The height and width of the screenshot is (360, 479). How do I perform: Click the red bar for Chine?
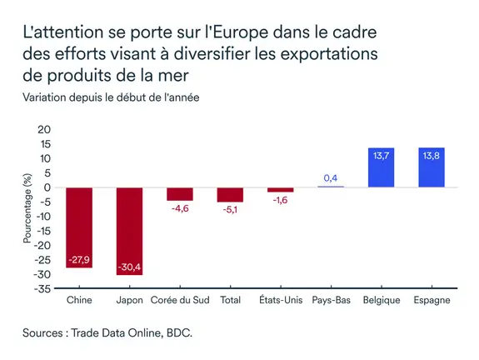point(79,227)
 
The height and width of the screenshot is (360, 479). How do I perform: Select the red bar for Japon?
point(129,231)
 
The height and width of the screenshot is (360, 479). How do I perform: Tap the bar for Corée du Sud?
point(180,194)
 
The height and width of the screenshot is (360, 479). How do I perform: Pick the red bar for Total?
point(230,195)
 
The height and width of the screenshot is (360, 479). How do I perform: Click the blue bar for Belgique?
point(381,167)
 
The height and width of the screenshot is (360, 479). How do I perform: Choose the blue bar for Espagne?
point(432,167)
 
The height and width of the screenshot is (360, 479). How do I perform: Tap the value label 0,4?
point(330,177)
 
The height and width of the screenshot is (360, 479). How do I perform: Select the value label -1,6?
point(280,201)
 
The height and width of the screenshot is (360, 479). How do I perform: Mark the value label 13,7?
point(381,156)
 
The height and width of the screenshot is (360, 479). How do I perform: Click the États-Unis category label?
point(280,300)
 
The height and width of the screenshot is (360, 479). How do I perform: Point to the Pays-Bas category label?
point(330,300)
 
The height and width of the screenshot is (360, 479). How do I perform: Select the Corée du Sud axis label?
point(180,300)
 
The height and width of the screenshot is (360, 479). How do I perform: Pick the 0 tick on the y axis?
point(47,187)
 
